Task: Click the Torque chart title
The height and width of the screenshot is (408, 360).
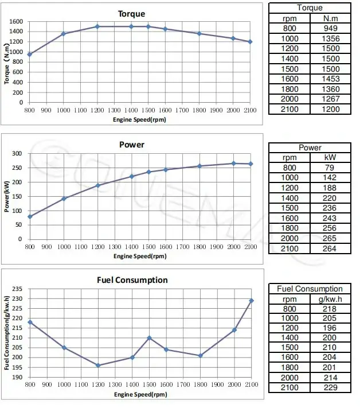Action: pyautogui.click(x=131, y=14)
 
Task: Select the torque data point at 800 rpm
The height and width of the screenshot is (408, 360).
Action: pyautogui.click(x=29, y=55)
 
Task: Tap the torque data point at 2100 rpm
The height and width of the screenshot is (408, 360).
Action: pyautogui.click(x=250, y=42)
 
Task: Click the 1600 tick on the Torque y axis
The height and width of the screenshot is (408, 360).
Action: pyautogui.click(x=16, y=22)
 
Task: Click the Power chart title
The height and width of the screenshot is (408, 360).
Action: pyautogui.click(x=131, y=145)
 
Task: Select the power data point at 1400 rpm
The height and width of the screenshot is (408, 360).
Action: pyautogui.click(x=131, y=176)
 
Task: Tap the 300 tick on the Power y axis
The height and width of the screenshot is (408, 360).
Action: pyautogui.click(x=18, y=154)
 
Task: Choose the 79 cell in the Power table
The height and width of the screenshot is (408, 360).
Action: pyautogui.click(x=330, y=168)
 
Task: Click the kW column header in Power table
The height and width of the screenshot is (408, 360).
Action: pyautogui.click(x=330, y=157)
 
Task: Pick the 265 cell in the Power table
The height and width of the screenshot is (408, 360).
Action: pyautogui.click(x=330, y=238)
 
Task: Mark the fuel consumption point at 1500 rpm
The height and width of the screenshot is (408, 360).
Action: pyautogui.click(x=148, y=338)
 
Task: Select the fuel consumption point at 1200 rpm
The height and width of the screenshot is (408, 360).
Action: pyautogui.click(x=97, y=366)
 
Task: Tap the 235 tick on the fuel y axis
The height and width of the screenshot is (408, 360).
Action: pyautogui.click(x=18, y=289)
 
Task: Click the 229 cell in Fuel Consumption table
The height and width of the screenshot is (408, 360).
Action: pyautogui.click(x=330, y=388)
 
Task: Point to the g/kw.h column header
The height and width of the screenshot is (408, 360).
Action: pyautogui.click(x=330, y=298)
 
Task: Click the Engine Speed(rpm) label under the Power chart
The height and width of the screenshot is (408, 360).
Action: pyautogui.click(x=140, y=255)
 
